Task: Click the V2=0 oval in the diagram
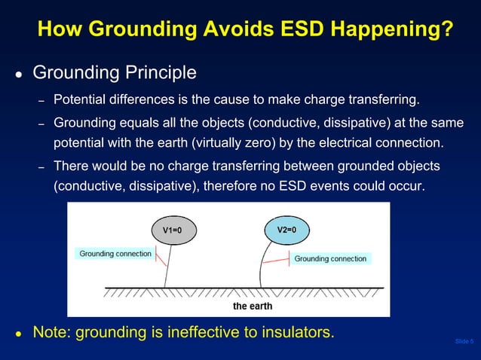[286, 230]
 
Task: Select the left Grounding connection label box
[115, 254]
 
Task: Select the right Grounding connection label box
[330, 258]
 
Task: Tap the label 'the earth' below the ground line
[253, 306]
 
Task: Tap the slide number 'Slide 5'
[464, 343]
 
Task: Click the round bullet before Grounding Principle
[18, 75]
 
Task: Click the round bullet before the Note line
[18, 334]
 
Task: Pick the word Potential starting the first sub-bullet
[79, 100]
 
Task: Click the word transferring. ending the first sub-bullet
[383, 100]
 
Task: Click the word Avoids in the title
[231, 30]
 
